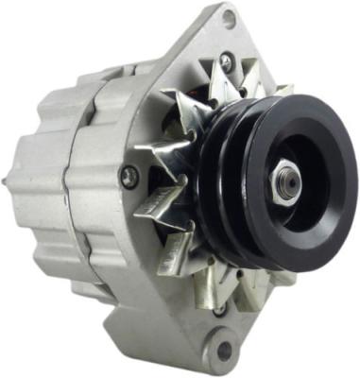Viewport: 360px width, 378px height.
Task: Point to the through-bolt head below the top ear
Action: point(225,60)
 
